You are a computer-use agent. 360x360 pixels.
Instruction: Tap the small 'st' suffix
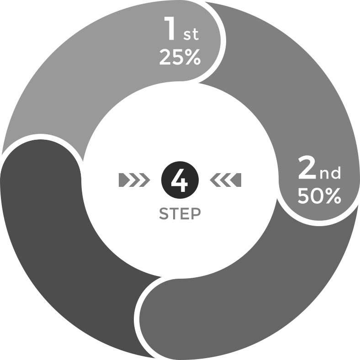click(191, 34)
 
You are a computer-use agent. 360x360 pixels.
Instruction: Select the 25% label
click(180, 58)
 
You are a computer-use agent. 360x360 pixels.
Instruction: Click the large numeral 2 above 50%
click(307, 168)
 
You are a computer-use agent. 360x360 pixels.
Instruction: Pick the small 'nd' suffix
click(330, 174)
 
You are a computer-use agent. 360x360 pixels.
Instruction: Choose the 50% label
click(319, 196)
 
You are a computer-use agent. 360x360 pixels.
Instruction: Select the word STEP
click(179, 214)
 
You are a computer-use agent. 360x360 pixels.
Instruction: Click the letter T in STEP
click(175, 214)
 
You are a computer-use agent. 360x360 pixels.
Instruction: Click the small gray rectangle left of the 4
click(134, 180)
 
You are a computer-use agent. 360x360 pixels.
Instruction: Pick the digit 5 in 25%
click(177, 58)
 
